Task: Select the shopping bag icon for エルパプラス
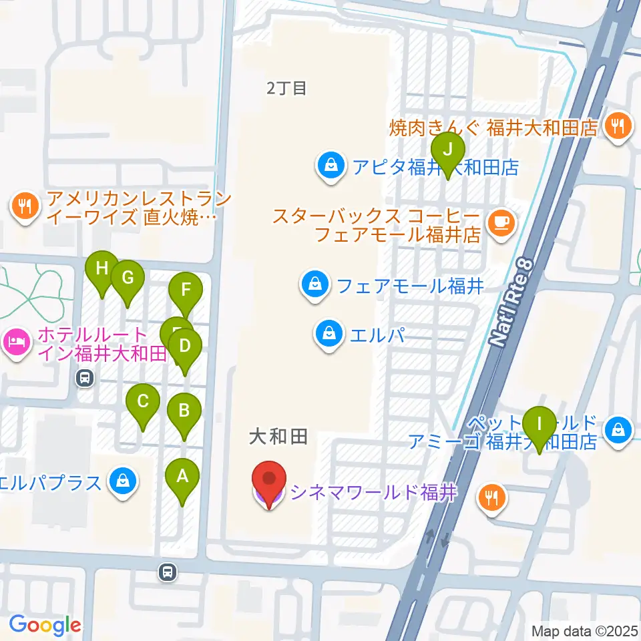click(123, 481)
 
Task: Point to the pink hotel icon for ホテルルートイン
click(16, 344)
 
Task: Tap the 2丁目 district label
click(286, 87)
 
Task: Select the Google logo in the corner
click(45, 624)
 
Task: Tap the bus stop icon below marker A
click(168, 572)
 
